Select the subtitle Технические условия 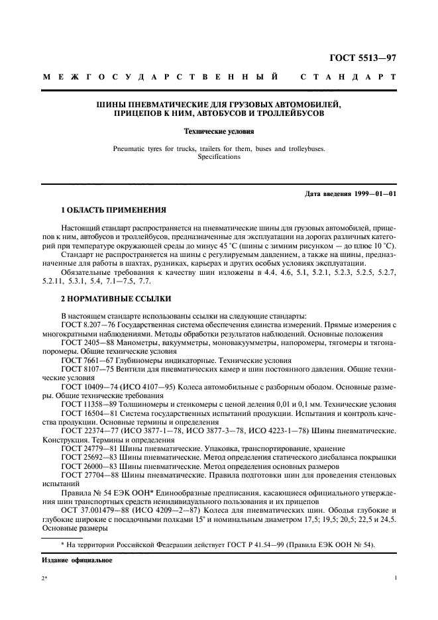[x=219, y=132]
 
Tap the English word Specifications [x=219, y=157]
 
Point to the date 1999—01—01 [x=374, y=193]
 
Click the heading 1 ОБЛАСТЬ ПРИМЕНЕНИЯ [x=113, y=210]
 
